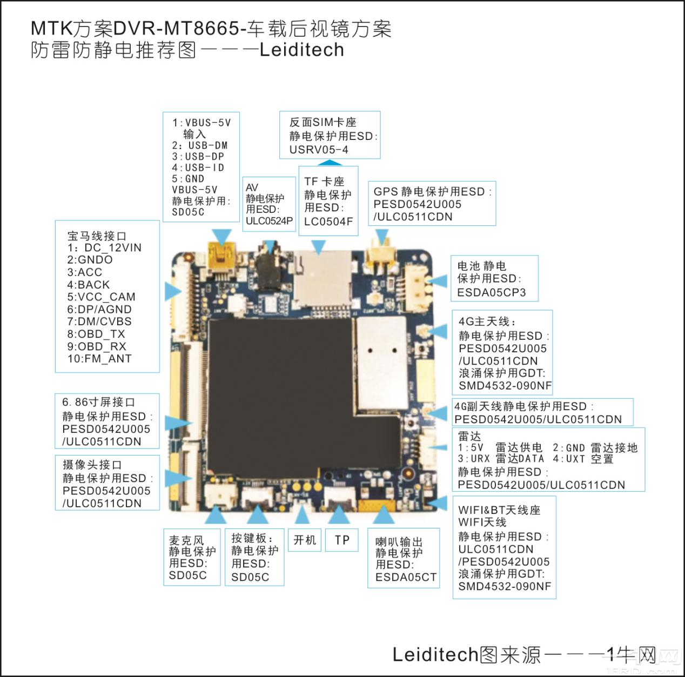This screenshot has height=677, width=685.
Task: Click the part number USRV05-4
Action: click(x=319, y=150)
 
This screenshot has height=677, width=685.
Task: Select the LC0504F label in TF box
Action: click(x=328, y=222)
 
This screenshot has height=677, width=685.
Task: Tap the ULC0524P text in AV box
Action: click(x=269, y=220)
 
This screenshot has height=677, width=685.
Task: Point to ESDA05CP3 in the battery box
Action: click(x=491, y=292)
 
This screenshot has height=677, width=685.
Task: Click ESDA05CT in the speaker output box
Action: click(x=406, y=577)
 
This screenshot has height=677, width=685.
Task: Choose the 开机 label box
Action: click(x=305, y=540)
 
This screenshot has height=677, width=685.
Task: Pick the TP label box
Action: click(x=342, y=540)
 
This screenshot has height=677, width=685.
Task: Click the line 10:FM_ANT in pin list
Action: click(x=99, y=359)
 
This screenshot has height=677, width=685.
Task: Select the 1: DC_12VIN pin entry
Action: click(x=104, y=248)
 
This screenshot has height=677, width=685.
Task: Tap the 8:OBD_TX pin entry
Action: click(x=96, y=334)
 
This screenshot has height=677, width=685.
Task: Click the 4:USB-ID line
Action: click(x=198, y=167)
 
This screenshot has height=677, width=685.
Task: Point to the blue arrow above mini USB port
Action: click(x=222, y=237)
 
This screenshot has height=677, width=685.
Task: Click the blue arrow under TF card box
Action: click(x=319, y=247)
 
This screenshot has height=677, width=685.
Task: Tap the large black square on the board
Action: click(x=281, y=394)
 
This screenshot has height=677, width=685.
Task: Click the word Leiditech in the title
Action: click(x=301, y=50)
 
